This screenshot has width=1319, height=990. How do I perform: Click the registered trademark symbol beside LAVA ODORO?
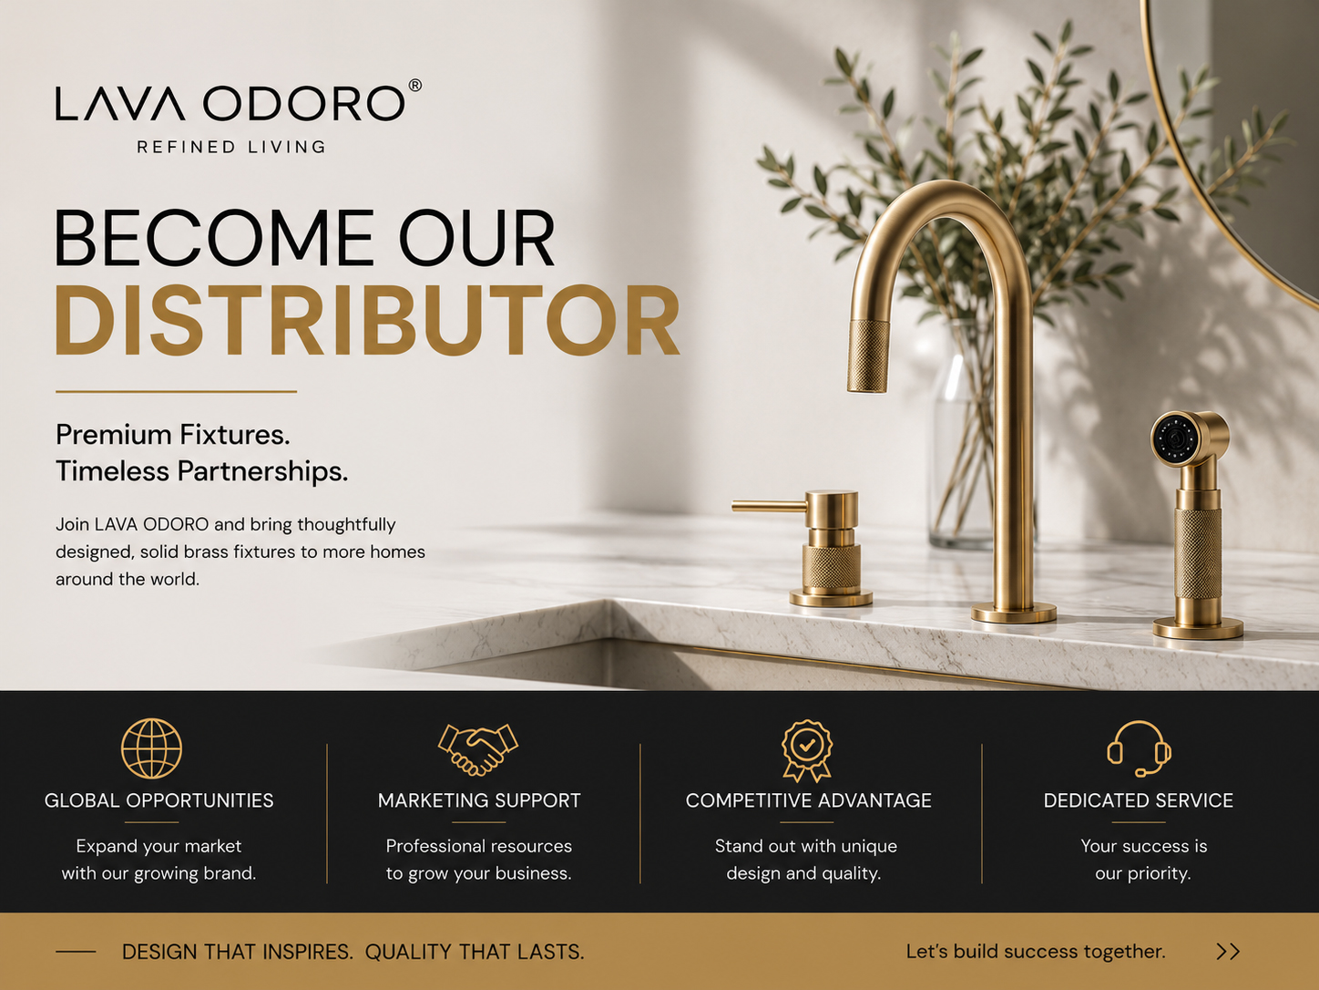pyautogui.click(x=414, y=86)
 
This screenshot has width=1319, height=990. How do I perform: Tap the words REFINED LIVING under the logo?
pyautogui.click(x=231, y=147)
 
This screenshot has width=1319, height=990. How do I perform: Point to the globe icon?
pyautogui.click(x=151, y=748)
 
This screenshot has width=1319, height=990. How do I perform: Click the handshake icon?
pyautogui.click(x=478, y=749)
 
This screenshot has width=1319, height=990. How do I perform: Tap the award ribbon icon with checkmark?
pyautogui.click(x=807, y=751)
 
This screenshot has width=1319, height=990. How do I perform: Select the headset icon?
pyautogui.click(x=1139, y=748)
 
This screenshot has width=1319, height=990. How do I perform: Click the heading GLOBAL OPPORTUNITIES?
pyautogui.click(x=158, y=800)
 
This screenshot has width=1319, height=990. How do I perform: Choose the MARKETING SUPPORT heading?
pyautogui.click(x=479, y=800)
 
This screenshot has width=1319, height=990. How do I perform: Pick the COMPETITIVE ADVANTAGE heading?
pyautogui.click(x=808, y=800)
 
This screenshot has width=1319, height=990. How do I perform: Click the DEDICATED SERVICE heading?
pyautogui.click(x=1138, y=800)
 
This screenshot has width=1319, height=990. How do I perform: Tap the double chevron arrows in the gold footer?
pyautogui.click(x=1228, y=952)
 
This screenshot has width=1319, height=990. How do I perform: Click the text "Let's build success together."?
pyautogui.click(x=1036, y=952)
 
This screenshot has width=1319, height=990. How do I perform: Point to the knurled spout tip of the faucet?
pyautogui.click(x=868, y=356)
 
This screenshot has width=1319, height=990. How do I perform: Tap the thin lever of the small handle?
pyautogui.click(x=769, y=506)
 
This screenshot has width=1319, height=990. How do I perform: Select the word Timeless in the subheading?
pyautogui.click(x=112, y=470)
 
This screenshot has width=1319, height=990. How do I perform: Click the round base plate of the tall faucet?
pyautogui.click(x=1014, y=614)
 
